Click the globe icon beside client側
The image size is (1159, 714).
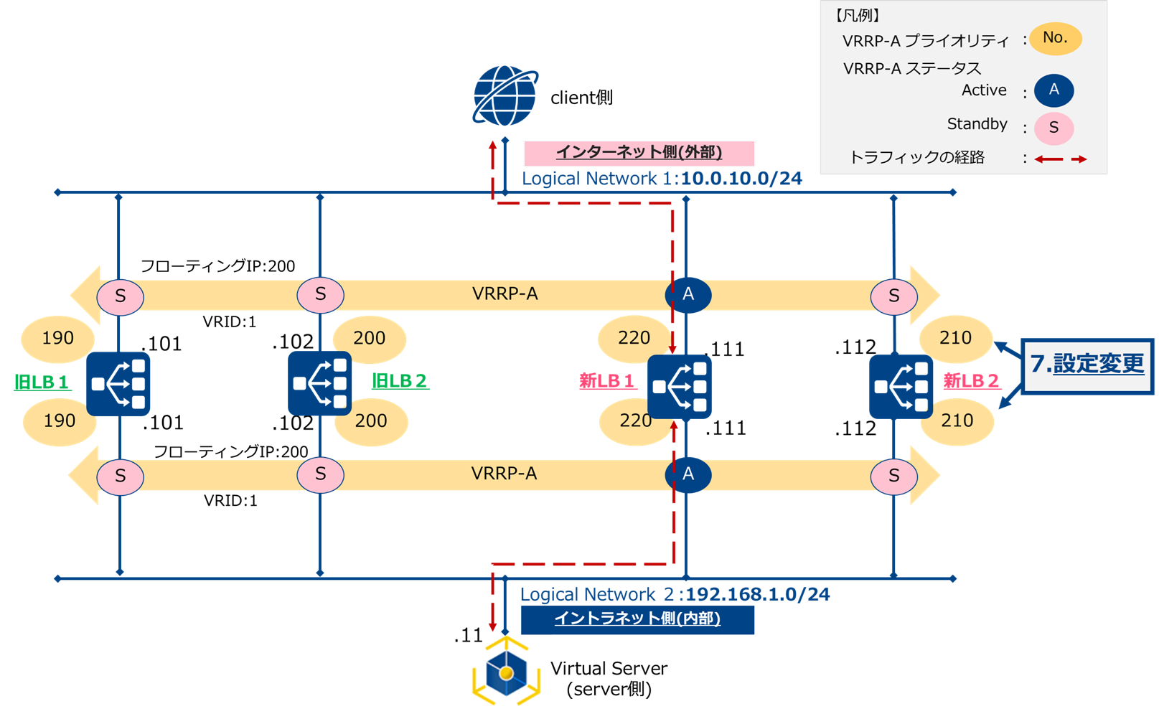point(505,96)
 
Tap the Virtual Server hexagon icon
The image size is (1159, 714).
point(506,672)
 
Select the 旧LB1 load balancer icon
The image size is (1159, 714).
point(118,384)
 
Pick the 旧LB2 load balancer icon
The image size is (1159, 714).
point(320,383)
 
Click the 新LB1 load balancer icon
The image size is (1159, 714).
point(680,387)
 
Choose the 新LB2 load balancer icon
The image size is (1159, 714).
point(901,387)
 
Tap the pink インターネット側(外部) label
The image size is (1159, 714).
point(639,153)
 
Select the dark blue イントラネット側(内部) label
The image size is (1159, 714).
point(637,619)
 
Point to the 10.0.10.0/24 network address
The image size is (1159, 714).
point(741,179)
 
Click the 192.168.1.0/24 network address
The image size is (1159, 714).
point(758,595)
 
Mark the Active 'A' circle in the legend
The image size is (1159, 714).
point(1054,90)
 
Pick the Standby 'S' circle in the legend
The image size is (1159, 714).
point(1054,128)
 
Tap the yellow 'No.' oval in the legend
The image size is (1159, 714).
point(1055,39)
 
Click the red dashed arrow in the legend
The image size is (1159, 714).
point(1061,159)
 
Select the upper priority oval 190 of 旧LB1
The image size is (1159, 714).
point(58,339)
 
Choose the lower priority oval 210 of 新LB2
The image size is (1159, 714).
point(957,421)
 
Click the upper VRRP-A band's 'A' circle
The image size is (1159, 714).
point(688,295)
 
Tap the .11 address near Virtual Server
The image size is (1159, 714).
point(468,636)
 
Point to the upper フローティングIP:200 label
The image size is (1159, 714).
point(217,266)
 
